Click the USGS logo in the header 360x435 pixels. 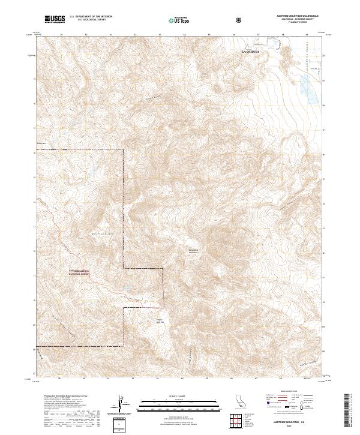tap(55, 20)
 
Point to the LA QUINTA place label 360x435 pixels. tap(251, 52)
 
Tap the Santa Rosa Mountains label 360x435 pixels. tap(193, 251)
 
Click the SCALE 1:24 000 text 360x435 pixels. tap(180, 396)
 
